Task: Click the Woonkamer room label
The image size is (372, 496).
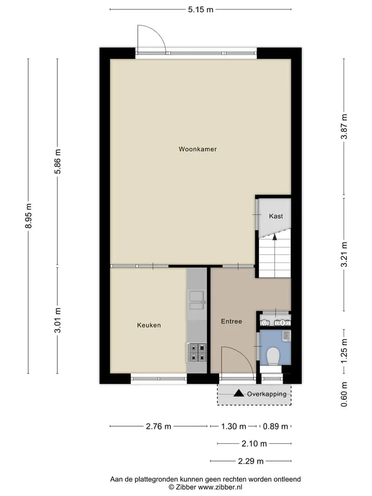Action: click(198, 149)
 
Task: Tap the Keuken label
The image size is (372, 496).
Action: click(149, 325)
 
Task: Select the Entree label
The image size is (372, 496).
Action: click(231, 321)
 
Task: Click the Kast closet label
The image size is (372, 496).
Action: click(276, 216)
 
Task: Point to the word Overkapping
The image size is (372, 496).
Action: click(267, 394)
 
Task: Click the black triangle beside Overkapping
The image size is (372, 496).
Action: click(239, 393)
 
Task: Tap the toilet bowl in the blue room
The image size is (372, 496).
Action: click(272, 356)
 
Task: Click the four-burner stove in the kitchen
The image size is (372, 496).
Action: click(196, 352)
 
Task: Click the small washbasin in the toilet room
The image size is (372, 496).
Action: click(287, 336)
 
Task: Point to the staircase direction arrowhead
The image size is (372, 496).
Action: click(274, 236)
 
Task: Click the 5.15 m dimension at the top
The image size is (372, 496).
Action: click(201, 9)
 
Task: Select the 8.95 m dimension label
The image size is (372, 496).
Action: click(28, 216)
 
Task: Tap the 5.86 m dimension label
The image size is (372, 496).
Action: click(57, 161)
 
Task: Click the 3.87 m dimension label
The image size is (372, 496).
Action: click(344, 127)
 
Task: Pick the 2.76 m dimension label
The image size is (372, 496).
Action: click(159, 426)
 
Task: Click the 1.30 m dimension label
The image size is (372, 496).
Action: click(234, 426)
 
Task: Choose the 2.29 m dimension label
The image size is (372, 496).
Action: click(251, 461)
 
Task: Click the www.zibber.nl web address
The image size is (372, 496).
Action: click(220, 487)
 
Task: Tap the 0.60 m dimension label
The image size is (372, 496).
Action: click(344, 394)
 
